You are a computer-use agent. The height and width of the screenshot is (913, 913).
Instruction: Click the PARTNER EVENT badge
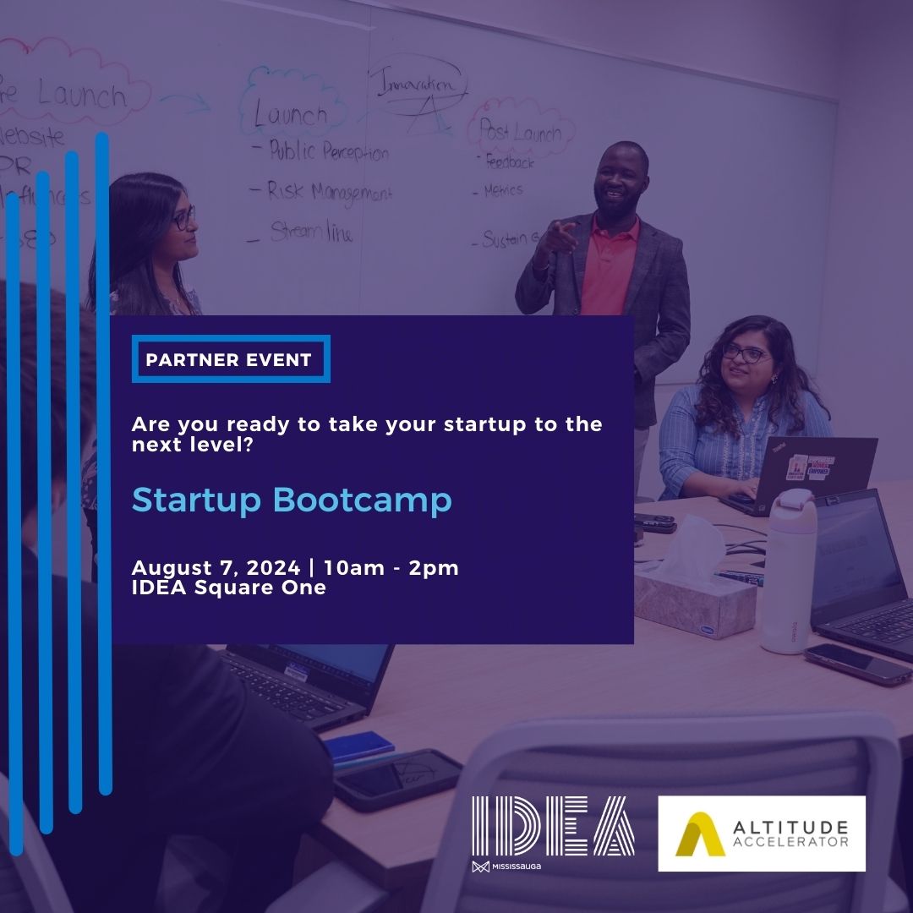[229, 359]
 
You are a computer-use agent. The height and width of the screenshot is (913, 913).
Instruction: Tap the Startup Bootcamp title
[292, 500]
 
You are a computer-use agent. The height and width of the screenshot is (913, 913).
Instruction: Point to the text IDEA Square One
[228, 588]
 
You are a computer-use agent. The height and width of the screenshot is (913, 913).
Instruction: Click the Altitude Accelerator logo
[762, 833]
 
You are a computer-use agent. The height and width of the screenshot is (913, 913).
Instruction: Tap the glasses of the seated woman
[746, 353]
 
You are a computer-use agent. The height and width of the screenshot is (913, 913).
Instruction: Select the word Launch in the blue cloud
[291, 114]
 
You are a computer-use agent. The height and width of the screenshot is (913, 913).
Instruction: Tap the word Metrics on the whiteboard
[504, 191]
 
